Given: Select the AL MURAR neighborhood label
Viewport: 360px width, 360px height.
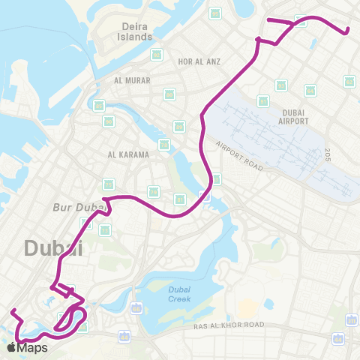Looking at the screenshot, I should [133, 80].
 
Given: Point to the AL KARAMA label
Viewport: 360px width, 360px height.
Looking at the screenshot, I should [129, 154].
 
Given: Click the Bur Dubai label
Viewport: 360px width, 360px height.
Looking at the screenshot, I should [75, 206].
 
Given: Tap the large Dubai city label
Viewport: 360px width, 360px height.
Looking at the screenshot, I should [54, 247].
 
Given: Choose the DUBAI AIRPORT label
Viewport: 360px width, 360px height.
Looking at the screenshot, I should [293, 115].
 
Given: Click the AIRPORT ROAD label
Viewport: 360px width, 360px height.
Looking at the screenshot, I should [239, 156].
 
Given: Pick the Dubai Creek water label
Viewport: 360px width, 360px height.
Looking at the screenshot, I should [179, 293].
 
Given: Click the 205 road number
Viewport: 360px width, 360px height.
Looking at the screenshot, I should [328, 155].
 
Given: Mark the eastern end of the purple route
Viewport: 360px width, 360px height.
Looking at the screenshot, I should [347, 31].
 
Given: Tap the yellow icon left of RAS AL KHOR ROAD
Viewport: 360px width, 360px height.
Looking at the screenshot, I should [136, 307].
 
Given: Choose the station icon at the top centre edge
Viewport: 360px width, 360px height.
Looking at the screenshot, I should [215, 13].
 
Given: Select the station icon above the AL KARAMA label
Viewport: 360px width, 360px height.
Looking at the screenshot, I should [163, 145].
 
